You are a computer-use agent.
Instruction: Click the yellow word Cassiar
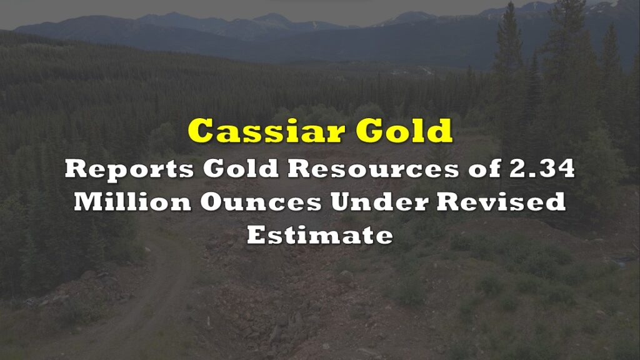pos(266,131)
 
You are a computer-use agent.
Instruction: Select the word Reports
pos(129,169)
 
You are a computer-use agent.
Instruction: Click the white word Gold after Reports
pos(241,167)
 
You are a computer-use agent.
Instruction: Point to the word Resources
pos(374,167)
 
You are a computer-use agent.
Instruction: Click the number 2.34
pos(542,167)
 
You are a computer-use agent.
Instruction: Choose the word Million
pos(132,201)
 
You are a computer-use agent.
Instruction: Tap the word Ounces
pos(261,202)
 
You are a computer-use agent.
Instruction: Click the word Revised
pos(501,201)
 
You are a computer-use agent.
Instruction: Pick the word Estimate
pos(320,235)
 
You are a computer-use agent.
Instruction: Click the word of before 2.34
pos(484,167)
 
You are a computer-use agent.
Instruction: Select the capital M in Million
pos(89,202)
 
